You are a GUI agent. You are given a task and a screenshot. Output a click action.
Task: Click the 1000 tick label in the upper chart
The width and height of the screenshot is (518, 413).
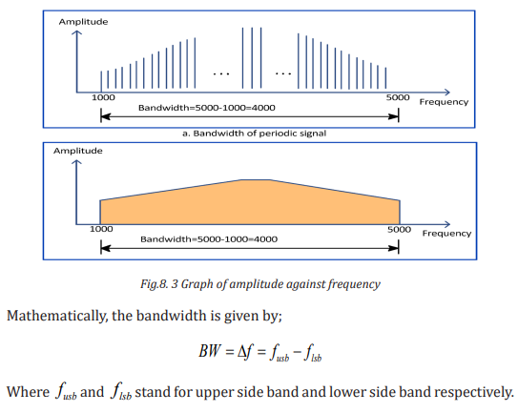pyautogui.click(x=103, y=98)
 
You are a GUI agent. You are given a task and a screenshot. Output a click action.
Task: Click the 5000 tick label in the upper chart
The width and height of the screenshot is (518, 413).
pyautogui.click(x=398, y=98)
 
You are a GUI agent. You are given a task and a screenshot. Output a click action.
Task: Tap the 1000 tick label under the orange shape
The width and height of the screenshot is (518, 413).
pyautogui.click(x=101, y=229)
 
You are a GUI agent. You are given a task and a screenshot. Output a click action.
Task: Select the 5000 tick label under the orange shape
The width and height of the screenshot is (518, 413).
pyautogui.click(x=399, y=229)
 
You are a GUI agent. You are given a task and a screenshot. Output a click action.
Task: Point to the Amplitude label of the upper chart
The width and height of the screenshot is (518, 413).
pyautogui.click(x=83, y=22)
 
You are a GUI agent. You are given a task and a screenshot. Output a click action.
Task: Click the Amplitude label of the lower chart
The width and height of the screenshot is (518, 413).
pyautogui.click(x=78, y=151)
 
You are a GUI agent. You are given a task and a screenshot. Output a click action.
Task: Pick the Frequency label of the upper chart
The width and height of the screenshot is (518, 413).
pyautogui.click(x=444, y=102)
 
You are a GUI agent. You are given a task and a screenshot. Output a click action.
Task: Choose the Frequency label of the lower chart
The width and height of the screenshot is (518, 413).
pyautogui.click(x=446, y=234)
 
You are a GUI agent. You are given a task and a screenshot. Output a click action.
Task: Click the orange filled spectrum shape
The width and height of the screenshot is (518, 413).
pyautogui.click(x=250, y=205)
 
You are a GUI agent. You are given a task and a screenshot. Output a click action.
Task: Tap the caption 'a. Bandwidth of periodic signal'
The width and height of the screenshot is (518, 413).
pyautogui.click(x=254, y=134)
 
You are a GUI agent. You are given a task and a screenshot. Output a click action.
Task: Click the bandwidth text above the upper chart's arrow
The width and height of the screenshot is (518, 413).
pyautogui.click(x=207, y=108)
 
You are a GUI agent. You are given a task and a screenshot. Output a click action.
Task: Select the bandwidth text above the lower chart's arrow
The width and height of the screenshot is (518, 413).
pyautogui.click(x=209, y=239)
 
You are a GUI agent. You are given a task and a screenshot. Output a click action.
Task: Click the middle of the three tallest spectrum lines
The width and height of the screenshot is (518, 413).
pyautogui.click(x=252, y=58)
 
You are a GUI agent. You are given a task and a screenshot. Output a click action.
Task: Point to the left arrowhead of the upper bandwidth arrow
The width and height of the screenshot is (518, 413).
pyautogui.click(x=105, y=116)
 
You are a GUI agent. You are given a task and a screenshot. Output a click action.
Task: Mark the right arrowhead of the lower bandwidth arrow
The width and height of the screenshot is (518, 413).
pyautogui.click(x=394, y=248)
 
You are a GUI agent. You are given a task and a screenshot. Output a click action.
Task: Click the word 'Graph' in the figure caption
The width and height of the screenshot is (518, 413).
pyautogui.click(x=197, y=284)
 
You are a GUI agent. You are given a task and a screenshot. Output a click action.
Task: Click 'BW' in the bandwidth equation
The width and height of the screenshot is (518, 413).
pyautogui.click(x=210, y=351)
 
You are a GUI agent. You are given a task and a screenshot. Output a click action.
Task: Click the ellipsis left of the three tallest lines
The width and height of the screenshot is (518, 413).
pyautogui.click(x=221, y=73)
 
